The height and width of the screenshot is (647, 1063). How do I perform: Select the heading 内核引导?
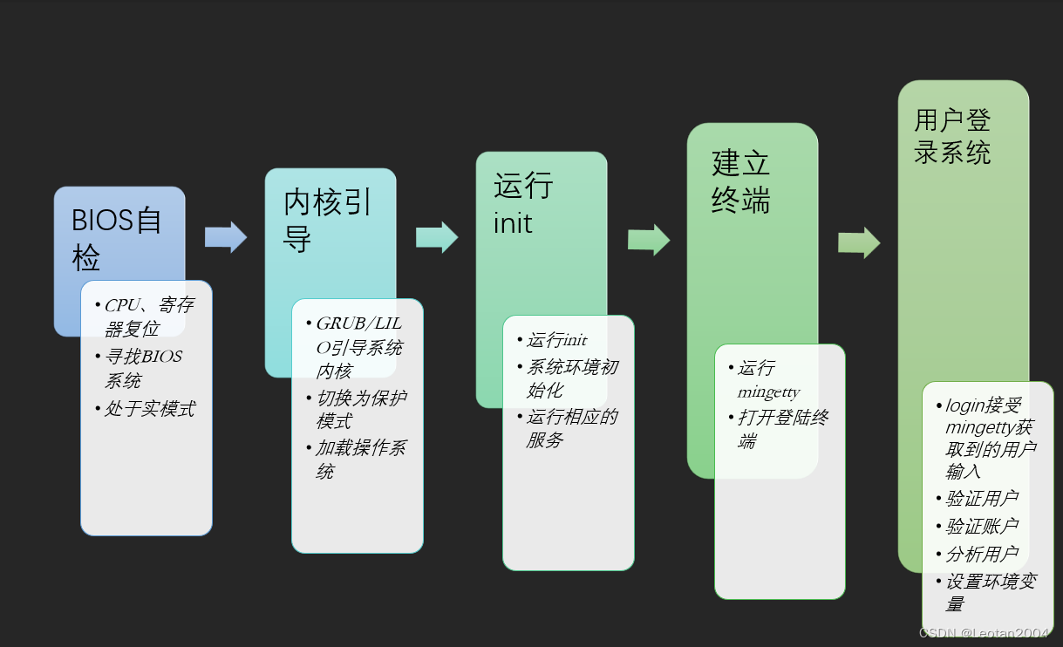click(328, 220)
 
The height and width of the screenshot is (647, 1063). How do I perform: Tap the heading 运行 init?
click(522, 204)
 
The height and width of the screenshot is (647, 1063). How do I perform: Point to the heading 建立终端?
click(740, 181)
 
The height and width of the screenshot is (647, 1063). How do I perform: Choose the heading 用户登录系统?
click(952, 136)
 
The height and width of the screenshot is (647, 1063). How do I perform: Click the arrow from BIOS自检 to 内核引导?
click(226, 237)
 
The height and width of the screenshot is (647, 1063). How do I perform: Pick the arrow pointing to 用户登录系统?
click(859, 243)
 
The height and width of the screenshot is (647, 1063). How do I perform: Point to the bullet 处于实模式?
click(149, 409)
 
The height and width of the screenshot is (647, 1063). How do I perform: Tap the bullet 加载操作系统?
click(359, 460)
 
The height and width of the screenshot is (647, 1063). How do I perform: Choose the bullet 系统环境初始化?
click(570, 378)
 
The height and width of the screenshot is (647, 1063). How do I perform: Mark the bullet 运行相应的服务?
click(570, 428)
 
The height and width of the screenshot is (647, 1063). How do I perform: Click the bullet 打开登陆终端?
click(782, 429)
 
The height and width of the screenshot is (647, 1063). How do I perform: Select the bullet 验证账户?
click(981, 527)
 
